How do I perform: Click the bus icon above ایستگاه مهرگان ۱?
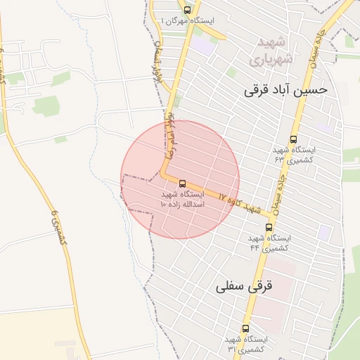click(187, 10)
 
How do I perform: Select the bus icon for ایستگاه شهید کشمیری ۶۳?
click(293, 139)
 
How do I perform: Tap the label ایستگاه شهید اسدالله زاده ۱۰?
click(182, 198)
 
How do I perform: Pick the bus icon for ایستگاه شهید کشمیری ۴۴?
click(269, 227)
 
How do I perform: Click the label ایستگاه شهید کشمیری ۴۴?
click(269, 243)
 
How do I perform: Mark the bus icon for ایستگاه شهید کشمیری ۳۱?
click(245, 328)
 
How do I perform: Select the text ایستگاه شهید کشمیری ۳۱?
click(245, 344)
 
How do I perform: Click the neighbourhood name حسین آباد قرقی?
click(285, 90)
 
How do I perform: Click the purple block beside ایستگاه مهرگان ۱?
click(204, 46)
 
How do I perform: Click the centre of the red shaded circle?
click(180, 179)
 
